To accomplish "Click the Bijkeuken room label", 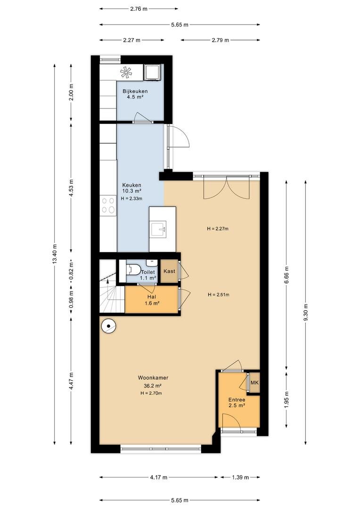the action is pyautogui.click(x=135, y=91).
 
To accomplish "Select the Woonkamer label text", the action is pyautogui.click(x=153, y=378).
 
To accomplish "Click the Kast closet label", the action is pyautogui.click(x=169, y=271).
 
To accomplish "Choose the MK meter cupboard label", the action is pyautogui.click(x=254, y=383).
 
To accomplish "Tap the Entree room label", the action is pyautogui.click(x=237, y=400).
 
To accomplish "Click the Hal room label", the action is pyautogui.click(x=152, y=297).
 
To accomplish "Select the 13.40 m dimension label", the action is pyautogui.click(x=54, y=254).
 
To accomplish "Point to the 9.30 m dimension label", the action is pyautogui.click(x=305, y=312).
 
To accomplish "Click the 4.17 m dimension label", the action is pyautogui.click(x=158, y=477).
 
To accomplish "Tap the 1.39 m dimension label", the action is pyautogui.click(x=240, y=477).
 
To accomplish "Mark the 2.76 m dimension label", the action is pyautogui.click(x=139, y=9).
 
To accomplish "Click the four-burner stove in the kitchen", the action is pyautogui.click(x=108, y=205).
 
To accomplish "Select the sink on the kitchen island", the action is pyautogui.click(x=158, y=230).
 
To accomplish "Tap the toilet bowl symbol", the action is pyautogui.click(x=133, y=269).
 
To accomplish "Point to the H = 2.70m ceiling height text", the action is pyautogui.click(x=151, y=393).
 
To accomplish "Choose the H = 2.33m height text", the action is pyautogui.click(x=131, y=198).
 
